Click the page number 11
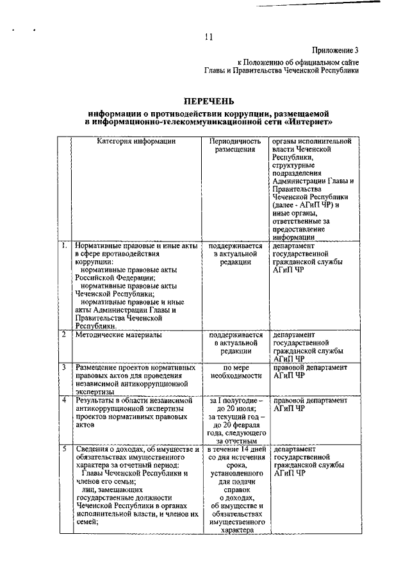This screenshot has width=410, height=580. [209, 37]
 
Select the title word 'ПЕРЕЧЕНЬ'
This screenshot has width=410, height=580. [209, 101]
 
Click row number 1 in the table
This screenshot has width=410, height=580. [63, 245]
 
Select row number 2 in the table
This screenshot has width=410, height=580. [63, 334]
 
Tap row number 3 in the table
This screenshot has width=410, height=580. [63, 367]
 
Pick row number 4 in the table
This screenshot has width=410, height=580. [63, 401]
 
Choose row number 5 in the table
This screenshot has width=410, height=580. [63, 449]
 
